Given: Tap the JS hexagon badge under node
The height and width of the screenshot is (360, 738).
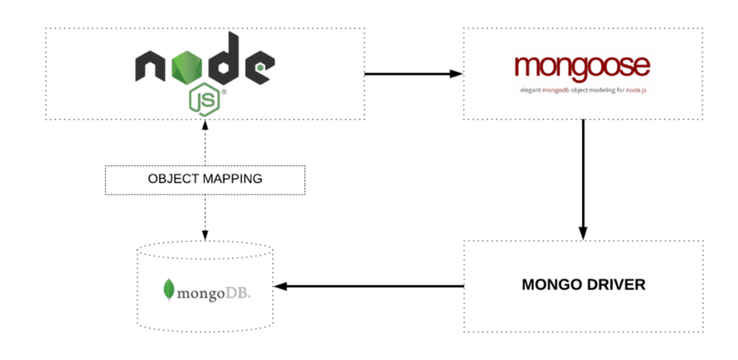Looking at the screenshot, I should click(205, 98).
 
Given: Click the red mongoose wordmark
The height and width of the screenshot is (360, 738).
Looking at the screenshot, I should click(582, 66).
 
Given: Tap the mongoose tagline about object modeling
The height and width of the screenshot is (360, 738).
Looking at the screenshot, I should click(582, 90).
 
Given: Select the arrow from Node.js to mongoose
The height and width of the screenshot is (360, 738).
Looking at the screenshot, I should click(412, 73).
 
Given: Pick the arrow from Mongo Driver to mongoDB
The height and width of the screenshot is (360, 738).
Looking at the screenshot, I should click(369, 286).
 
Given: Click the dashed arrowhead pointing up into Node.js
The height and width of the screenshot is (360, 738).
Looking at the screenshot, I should click(204, 126).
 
